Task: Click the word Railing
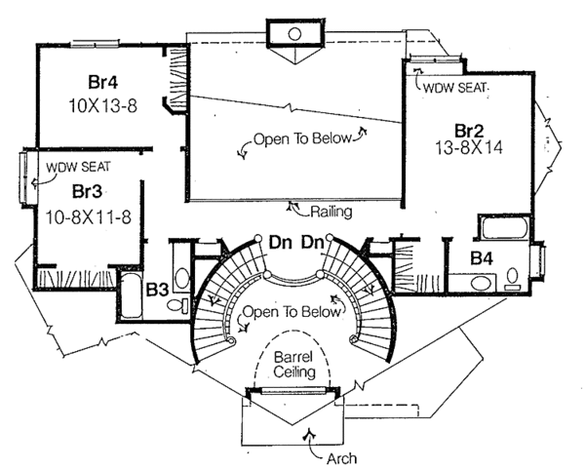coord(330,211)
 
